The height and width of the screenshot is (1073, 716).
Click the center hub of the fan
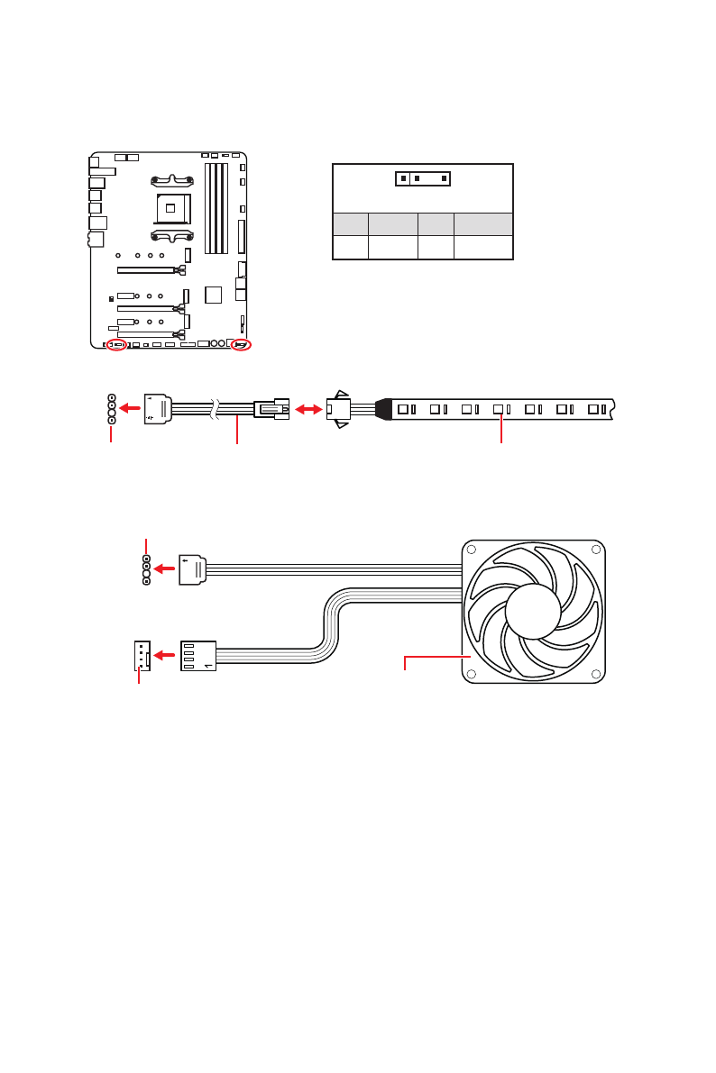click(x=533, y=612)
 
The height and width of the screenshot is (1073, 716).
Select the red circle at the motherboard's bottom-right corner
click(x=241, y=344)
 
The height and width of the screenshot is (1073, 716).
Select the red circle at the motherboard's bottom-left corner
click(x=115, y=345)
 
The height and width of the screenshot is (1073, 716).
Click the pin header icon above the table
click(x=423, y=177)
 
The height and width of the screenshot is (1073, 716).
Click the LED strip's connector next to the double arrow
click(x=338, y=409)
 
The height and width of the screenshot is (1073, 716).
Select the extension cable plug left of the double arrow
click(x=271, y=409)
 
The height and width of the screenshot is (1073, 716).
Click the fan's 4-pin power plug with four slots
click(x=198, y=655)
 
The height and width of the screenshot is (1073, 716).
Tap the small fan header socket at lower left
click(x=141, y=655)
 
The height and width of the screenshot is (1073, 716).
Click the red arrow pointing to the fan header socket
click(x=163, y=655)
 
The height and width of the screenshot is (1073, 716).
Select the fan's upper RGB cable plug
click(x=193, y=569)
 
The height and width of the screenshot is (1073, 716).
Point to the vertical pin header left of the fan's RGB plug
click(x=146, y=569)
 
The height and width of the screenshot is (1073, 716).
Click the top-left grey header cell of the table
click(x=350, y=224)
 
